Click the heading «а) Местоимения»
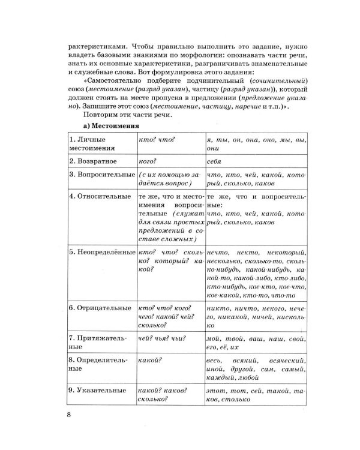pyautogui.click(x=110, y=126)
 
